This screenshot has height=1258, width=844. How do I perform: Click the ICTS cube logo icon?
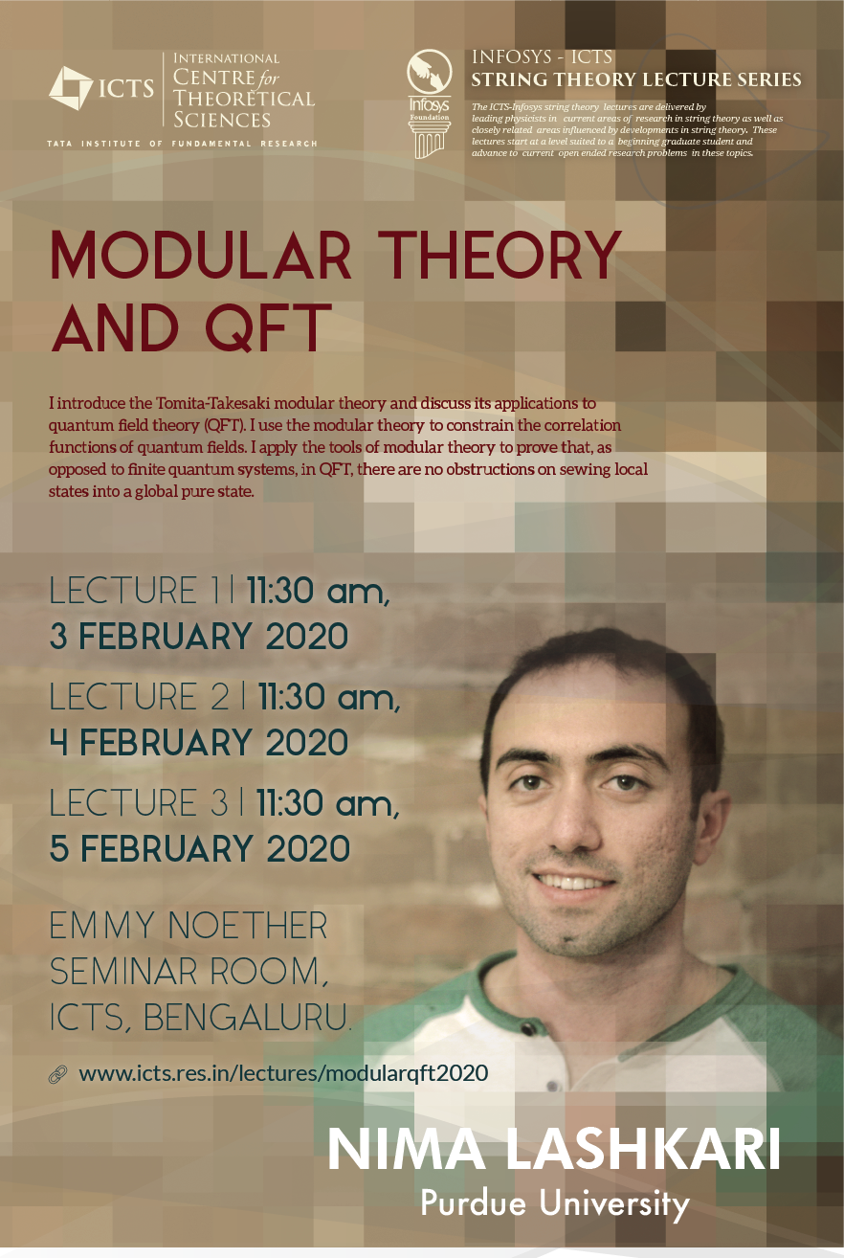(x=71, y=88)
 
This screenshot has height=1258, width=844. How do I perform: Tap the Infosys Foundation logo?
(x=430, y=103)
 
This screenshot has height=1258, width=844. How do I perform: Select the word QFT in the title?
(x=268, y=326)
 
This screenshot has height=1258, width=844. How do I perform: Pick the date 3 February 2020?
(x=199, y=637)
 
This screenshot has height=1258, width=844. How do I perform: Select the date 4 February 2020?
(x=199, y=742)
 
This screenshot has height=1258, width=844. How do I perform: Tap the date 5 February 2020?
(x=200, y=848)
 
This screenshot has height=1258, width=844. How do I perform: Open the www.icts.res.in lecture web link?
(x=283, y=1073)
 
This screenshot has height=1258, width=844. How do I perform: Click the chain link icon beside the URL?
(x=57, y=1074)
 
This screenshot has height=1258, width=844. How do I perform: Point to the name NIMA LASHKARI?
(x=554, y=1149)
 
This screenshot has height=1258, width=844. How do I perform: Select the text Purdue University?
(x=555, y=1203)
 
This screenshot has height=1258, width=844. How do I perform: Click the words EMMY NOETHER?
(x=189, y=925)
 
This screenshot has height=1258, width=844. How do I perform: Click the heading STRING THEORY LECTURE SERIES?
(x=636, y=79)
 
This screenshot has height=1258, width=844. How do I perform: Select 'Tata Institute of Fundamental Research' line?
(x=183, y=144)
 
